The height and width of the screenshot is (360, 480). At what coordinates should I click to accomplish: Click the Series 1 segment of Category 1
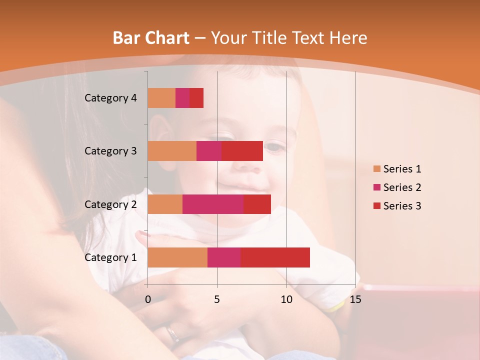177,257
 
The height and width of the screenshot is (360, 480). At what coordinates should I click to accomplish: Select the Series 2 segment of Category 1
224,257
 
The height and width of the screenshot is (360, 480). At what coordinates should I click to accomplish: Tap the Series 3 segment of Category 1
275,257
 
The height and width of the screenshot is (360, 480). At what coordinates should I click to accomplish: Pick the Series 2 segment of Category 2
213,204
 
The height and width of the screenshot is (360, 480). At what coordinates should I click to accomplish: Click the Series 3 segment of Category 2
257,204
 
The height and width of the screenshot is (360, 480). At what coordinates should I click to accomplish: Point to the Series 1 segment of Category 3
172,151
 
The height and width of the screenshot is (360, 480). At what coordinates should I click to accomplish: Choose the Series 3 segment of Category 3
242,151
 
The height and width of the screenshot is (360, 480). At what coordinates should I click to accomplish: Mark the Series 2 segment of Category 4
182,98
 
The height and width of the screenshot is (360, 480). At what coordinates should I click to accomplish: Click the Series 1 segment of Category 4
161,98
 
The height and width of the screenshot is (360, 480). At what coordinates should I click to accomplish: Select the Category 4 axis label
110,98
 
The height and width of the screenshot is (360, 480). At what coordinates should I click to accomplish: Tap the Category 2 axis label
110,204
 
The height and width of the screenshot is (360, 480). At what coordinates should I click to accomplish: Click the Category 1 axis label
110,257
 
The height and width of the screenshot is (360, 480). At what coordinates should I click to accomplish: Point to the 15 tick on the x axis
355,299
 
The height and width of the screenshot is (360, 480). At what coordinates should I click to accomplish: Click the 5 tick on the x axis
217,299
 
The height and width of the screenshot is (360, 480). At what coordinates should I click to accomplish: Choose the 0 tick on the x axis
148,299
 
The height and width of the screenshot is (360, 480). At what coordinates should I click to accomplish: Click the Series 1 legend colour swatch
376,169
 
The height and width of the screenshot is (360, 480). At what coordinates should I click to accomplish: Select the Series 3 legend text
402,206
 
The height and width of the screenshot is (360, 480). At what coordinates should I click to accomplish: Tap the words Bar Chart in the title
151,38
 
